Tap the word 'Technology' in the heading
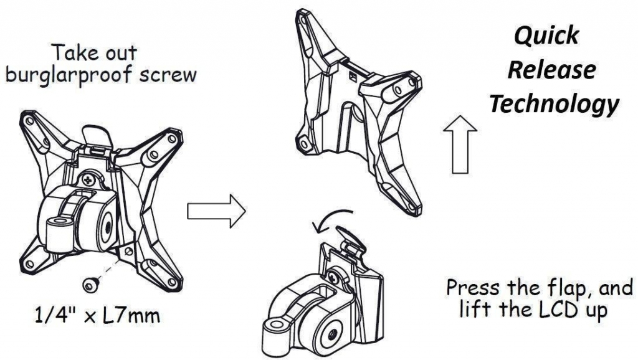click(x=554, y=103)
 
